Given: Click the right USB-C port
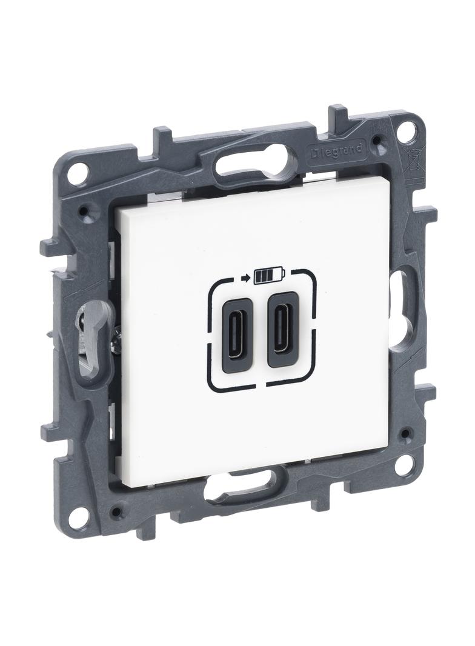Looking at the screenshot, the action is (x=281, y=330).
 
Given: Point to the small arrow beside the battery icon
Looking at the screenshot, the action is (x=246, y=279).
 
